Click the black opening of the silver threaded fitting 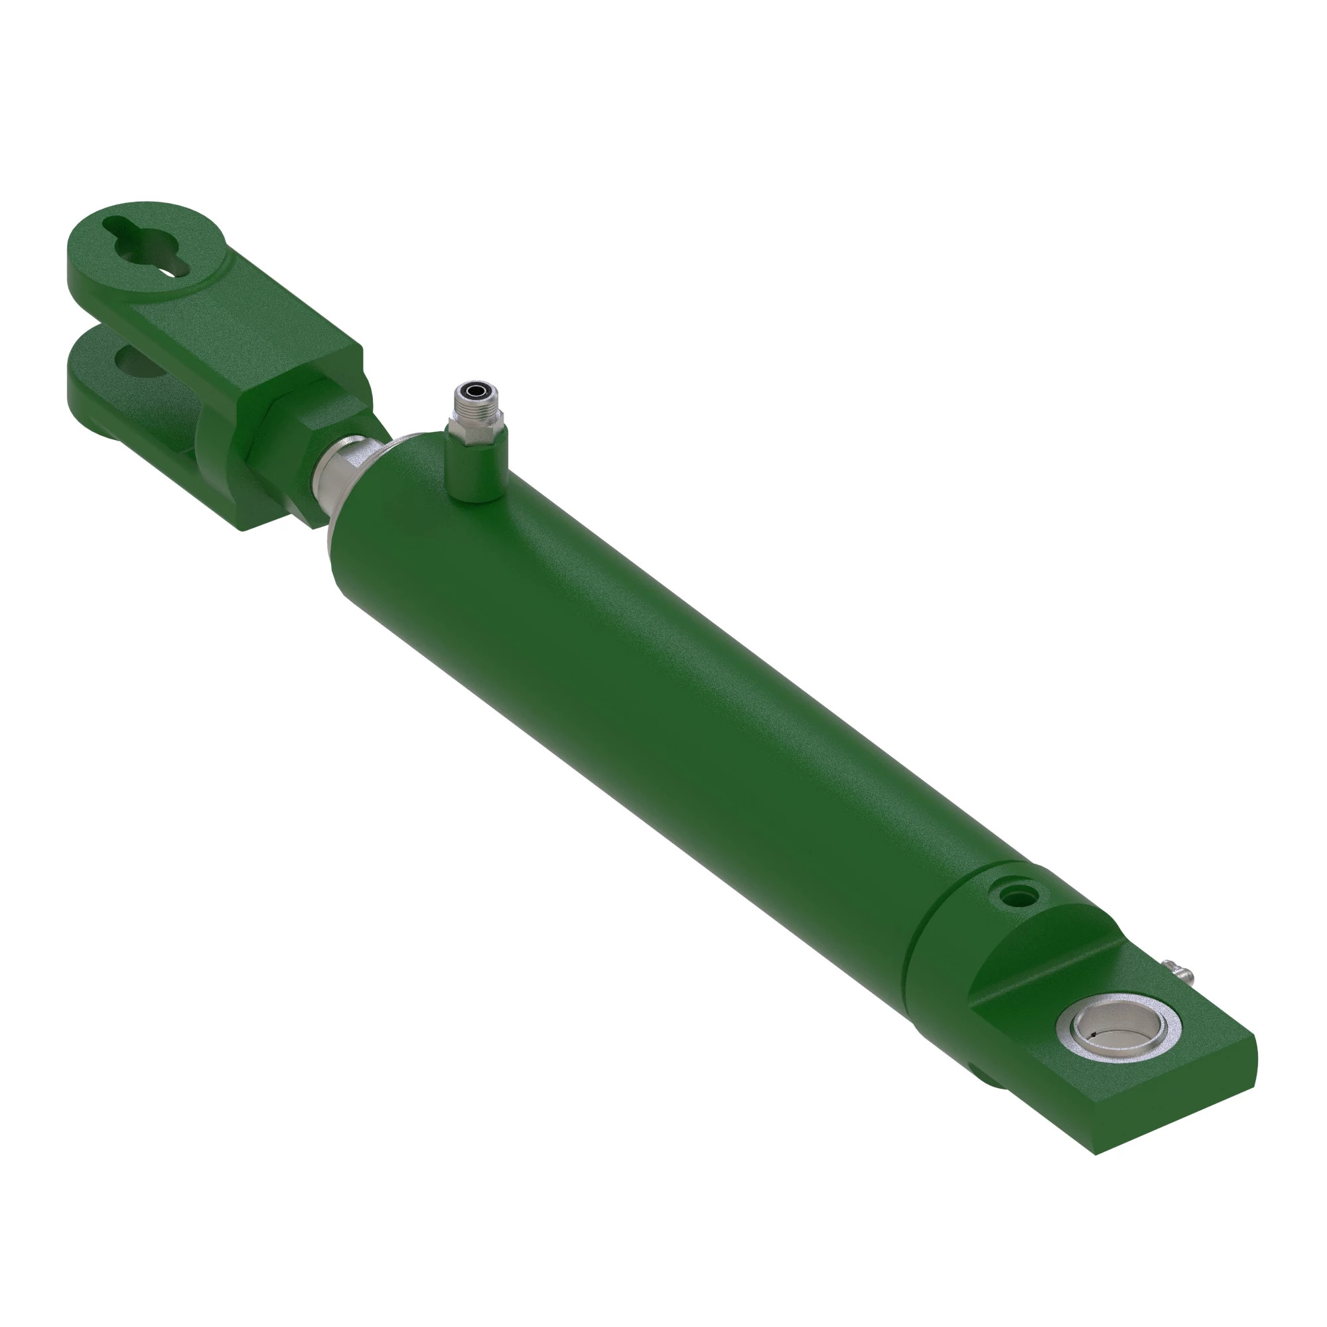(x=473, y=392)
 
